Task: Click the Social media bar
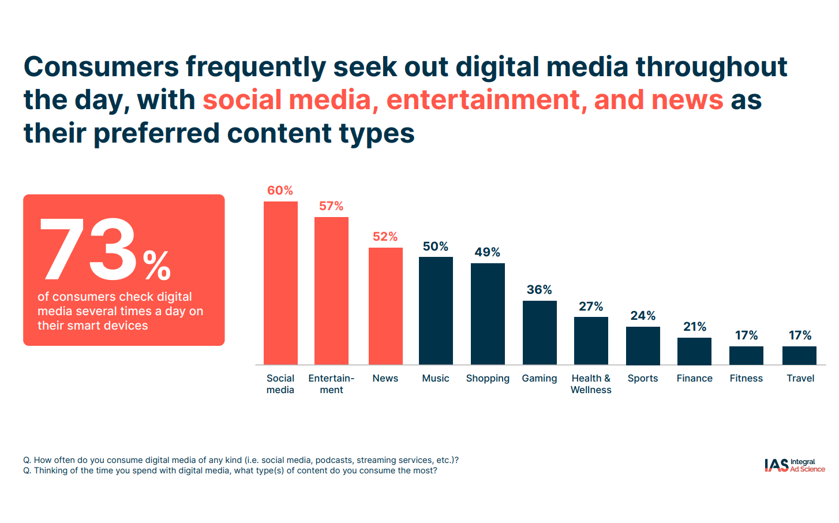(280, 283)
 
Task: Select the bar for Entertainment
(331, 290)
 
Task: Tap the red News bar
(385, 306)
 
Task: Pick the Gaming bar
(540, 333)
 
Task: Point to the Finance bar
(694, 351)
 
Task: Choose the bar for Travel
(799, 355)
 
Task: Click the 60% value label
(280, 190)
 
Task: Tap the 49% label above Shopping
(487, 252)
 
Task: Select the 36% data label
(539, 290)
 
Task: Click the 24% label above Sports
(643, 316)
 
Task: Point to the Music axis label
(435, 378)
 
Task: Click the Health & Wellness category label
(591, 384)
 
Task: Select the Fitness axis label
(746, 378)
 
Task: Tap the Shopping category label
(488, 378)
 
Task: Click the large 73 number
(88, 251)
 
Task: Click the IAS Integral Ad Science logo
(794, 465)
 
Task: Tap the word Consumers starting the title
(102, 67)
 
